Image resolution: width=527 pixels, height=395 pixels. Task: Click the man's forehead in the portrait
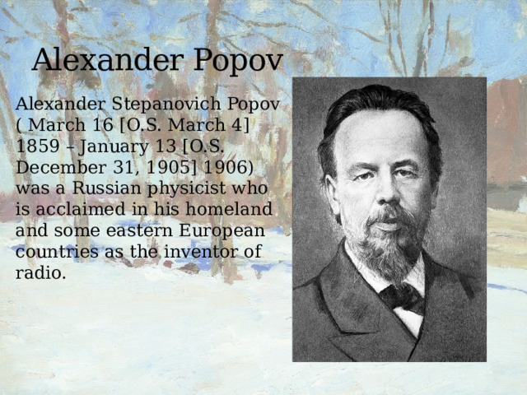coord(380,136)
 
